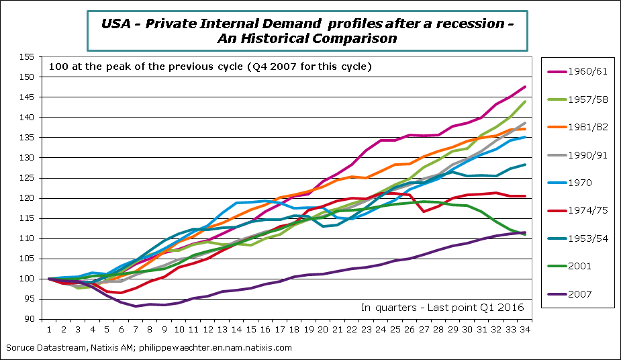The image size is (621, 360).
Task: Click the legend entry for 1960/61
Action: point(578,72)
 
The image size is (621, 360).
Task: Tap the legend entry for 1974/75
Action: point(578,210)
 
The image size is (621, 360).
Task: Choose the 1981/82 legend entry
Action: point(578,127)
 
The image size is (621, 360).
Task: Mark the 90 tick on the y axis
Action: point(28,319)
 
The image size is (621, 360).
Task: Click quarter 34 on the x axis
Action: point(524,330)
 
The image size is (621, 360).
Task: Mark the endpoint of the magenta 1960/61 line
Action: point(524,87)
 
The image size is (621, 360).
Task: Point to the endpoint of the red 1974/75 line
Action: point(524,196)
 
